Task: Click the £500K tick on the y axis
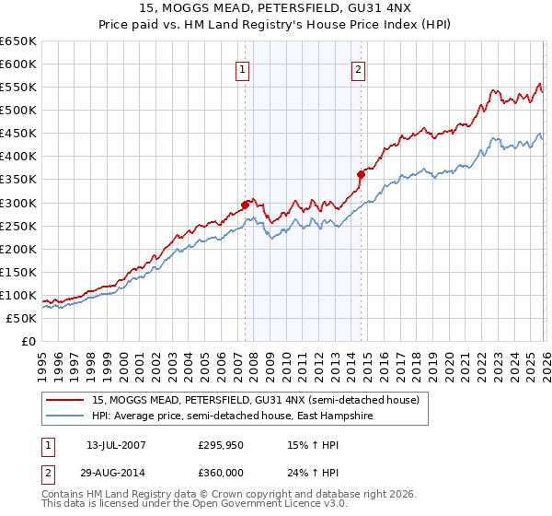tap(18, 111)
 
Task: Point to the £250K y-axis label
tap(18, 226)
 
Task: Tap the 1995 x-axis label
tap(41, 358)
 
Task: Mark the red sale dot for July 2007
tap(246, 205)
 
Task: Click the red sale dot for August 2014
tap(362, 174)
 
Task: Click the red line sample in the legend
tap(66, 400)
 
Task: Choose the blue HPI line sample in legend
tap(66, 416)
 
